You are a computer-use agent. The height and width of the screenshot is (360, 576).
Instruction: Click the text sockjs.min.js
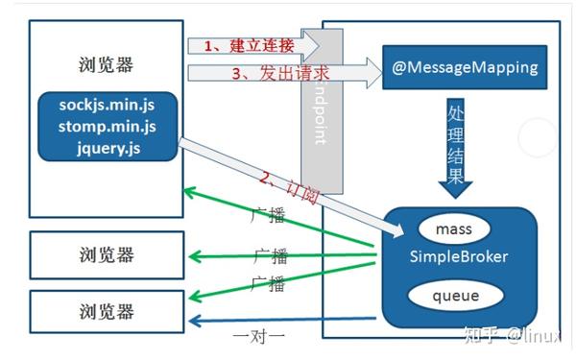click(x=108, y=104)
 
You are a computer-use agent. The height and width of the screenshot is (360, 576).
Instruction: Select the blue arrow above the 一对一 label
click(x=278, y=319)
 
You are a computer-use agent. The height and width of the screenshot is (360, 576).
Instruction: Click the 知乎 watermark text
click(x=477, y=335)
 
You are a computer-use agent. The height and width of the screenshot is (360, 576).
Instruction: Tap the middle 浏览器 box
click(x=106, y=254)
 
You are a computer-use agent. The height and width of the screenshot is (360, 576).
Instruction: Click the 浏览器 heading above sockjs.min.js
click(x=106, y=65)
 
